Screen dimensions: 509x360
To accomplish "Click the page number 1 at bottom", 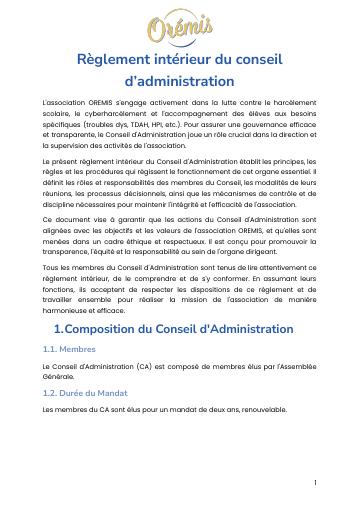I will click(315, 483).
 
